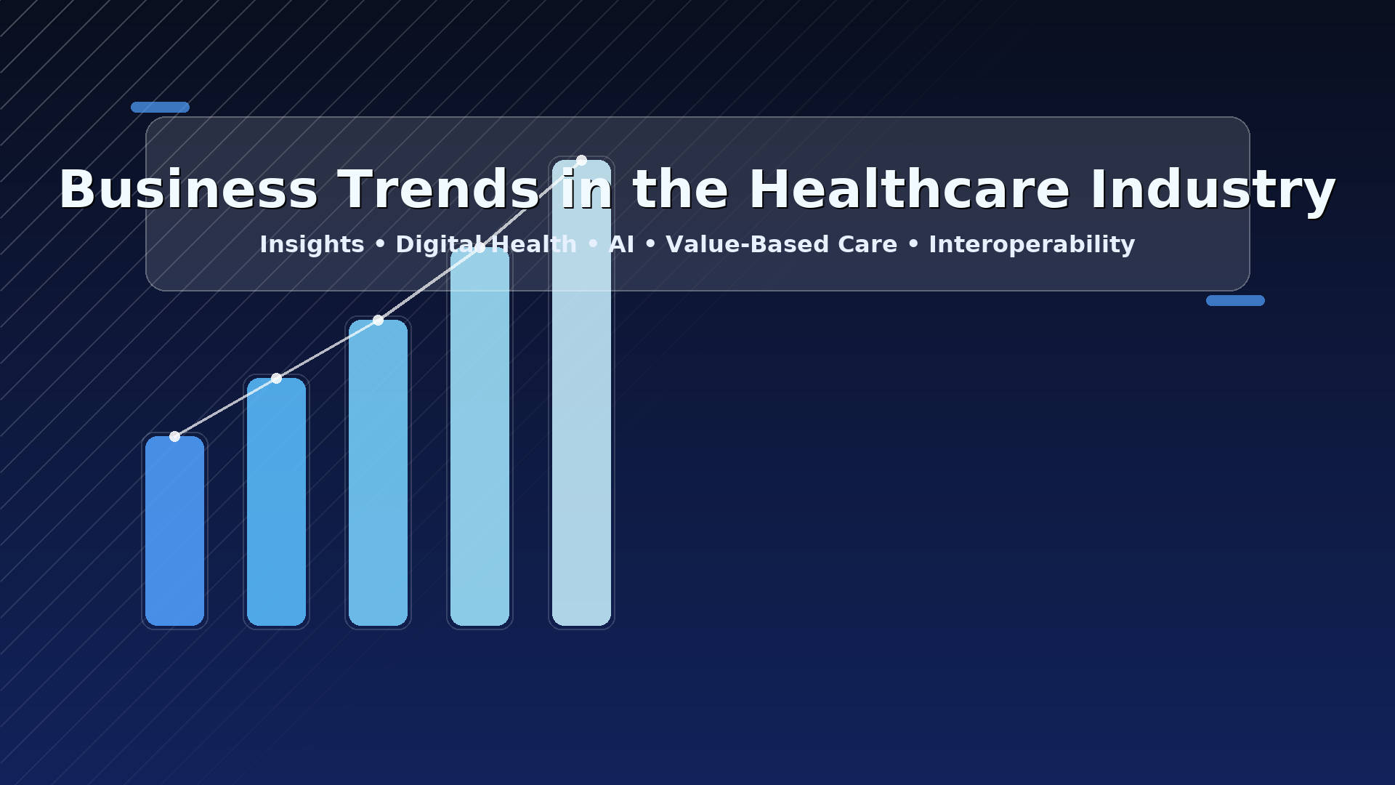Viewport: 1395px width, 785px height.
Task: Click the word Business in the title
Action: point(188,190)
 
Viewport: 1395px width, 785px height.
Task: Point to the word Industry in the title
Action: point(1213,190)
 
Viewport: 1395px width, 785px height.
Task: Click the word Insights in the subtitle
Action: point(312,245)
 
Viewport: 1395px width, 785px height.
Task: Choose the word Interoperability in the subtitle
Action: point(1032,245)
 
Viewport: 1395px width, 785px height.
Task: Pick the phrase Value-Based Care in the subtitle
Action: point(781,245)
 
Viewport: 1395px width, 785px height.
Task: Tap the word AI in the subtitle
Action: point(621,245)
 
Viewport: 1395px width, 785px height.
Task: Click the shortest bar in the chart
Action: point(174,531)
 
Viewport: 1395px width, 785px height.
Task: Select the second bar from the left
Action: point(276,502)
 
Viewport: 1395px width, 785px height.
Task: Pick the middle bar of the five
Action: point(378,472)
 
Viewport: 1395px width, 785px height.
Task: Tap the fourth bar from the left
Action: point(480,436)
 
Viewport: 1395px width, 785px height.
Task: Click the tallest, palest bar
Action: point(581,392)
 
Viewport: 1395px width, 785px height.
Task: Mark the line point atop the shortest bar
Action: point(174,436)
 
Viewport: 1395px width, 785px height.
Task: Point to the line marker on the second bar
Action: point(276,378)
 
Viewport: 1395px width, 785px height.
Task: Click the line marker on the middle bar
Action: point(378,320)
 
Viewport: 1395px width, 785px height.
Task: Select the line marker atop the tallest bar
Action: point(581,160)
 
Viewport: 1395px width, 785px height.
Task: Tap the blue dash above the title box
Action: point(160,107)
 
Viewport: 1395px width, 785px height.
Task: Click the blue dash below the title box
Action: point(1235,300)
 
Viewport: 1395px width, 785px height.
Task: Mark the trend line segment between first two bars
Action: point(225,407)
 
